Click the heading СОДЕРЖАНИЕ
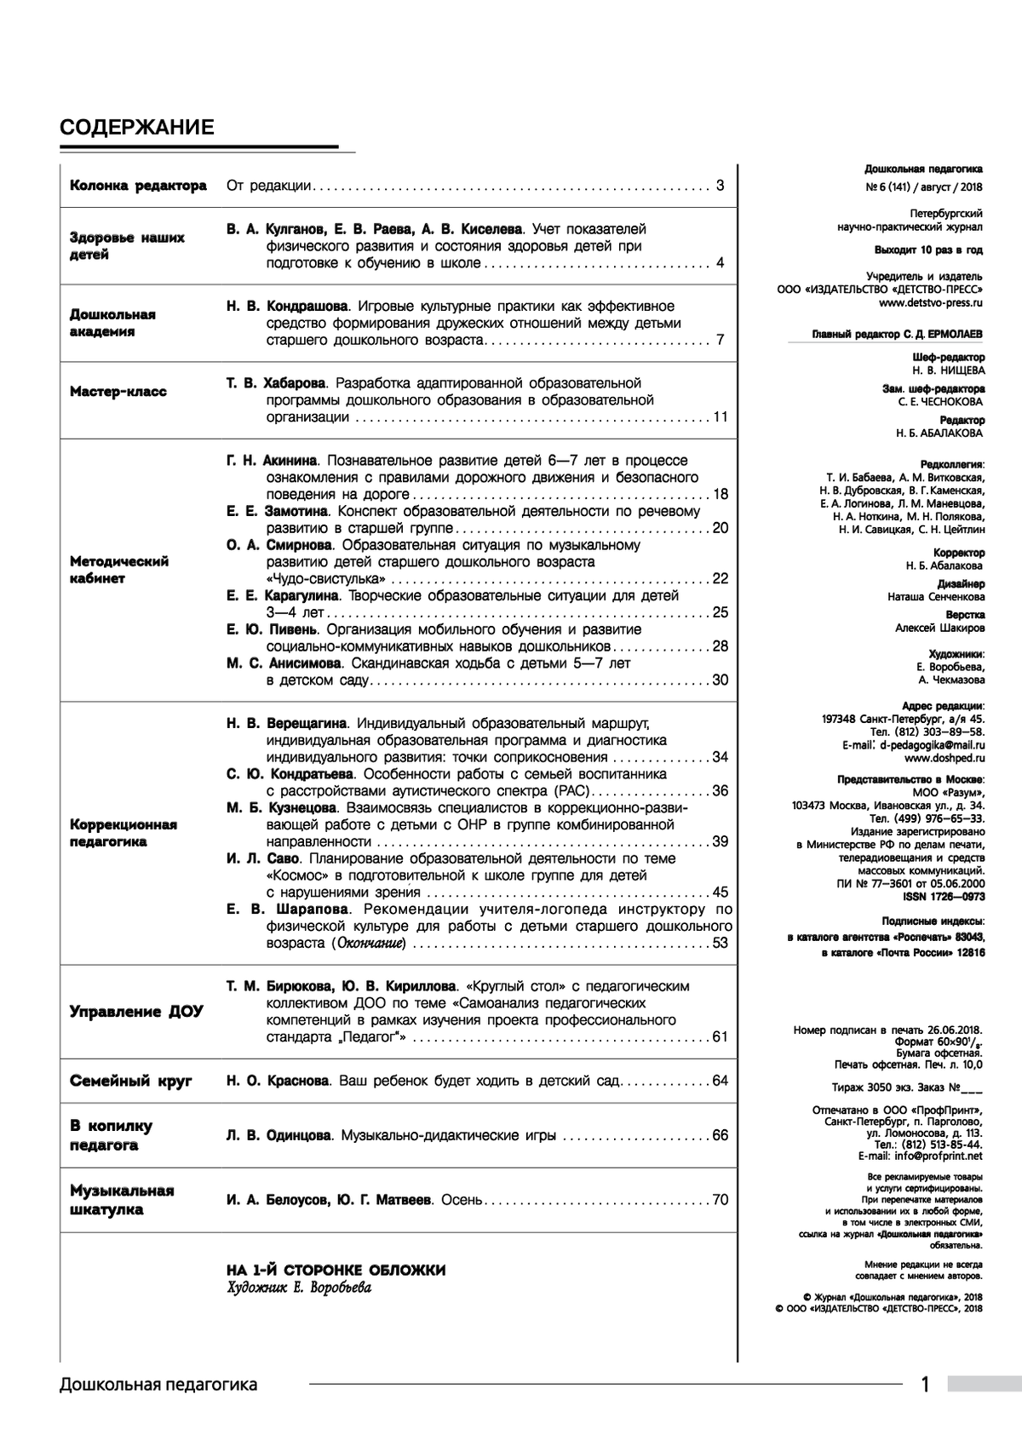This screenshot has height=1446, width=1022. click(136, 128)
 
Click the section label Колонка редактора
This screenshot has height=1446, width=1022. click(138, 186)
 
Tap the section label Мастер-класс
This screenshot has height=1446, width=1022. click(118, 392)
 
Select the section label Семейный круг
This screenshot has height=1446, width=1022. click(131, 1081)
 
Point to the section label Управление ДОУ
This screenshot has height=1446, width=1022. click(136, 1012)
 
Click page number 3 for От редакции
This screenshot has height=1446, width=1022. click(721, 186)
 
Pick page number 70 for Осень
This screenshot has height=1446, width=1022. click(721, 1200)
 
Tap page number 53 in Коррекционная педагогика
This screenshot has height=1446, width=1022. click(721, 943)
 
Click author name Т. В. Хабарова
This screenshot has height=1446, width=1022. click(277, 383)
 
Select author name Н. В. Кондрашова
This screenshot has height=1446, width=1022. click(288, 307)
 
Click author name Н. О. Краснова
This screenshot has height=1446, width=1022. click(278, 1081)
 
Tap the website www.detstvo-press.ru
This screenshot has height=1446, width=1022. click(931, 301)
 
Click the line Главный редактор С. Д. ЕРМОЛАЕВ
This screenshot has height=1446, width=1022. click(899, 335)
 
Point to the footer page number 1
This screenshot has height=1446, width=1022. click(926, 1385)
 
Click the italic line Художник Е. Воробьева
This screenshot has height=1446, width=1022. click(299, 1288)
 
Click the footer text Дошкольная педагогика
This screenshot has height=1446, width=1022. click(158, 1385)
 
